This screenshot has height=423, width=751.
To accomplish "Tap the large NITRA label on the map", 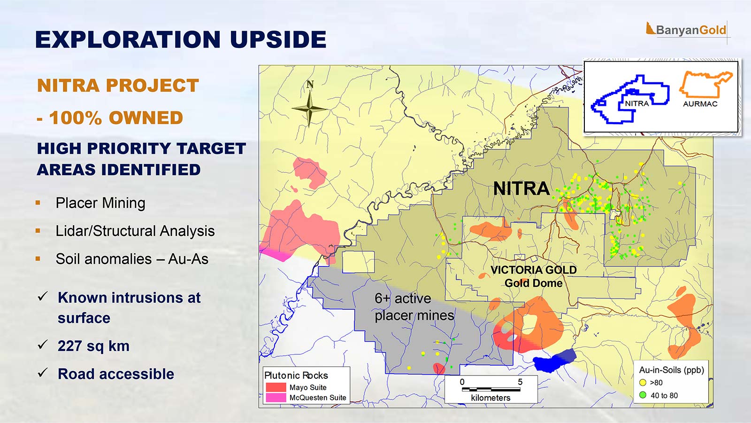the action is (x=521, y=188).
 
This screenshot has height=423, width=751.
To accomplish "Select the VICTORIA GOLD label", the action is (x=533, y=270).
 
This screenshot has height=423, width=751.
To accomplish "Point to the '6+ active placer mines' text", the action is (x=414, y=307).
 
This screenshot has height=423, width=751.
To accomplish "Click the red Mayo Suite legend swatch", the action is (x=276, y=387).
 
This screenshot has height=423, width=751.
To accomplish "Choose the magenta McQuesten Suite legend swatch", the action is (x=276, y=398).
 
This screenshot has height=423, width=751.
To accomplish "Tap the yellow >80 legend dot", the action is (x=643, y=383).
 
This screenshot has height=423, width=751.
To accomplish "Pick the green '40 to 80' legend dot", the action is (x=643, y=395).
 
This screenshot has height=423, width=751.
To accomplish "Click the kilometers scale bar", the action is (x=491, y=390).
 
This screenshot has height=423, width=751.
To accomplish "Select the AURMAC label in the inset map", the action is (x=700, y=104).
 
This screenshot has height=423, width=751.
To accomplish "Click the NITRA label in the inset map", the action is (x=636, y=104).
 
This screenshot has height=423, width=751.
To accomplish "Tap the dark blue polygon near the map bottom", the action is (x=554, y=360).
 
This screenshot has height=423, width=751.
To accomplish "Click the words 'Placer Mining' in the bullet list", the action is (x=100, y=203).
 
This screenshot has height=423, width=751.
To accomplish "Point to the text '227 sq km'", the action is (x=93, y=346).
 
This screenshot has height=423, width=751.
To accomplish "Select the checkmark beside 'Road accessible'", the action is (x=43, y=372).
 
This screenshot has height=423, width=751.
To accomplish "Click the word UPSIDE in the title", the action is (x=278, y=39).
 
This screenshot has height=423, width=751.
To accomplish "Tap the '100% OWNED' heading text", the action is (x=115, y=117).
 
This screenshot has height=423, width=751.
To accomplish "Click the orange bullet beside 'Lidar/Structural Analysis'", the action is (x=38, y=231).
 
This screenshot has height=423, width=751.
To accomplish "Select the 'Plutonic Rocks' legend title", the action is (x=296, y=376).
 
